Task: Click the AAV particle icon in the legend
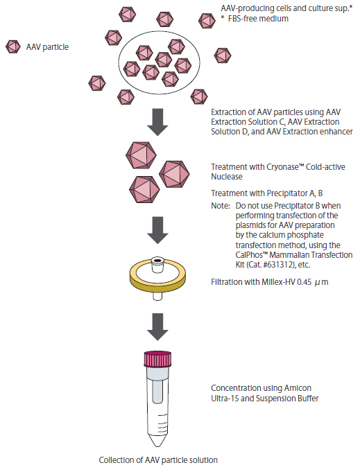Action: (x=13, y=47)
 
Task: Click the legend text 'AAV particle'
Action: (x=47, y=47)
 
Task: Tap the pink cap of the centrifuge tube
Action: (x=157, y=359)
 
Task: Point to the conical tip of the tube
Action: (x=157, y=440)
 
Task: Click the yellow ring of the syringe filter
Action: (x=157, y=283)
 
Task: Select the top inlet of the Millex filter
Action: (x=157, y=263)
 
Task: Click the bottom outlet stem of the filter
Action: (x=157, y=296)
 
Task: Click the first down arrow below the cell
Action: (x=157, y=122)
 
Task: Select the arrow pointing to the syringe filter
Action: (x=157, y=230)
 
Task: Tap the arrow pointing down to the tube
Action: (x=157, y=327)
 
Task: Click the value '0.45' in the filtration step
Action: (x=305, y=282)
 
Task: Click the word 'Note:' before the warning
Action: (x=221, y=206)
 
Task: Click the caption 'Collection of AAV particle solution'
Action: (x=158, y=460)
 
